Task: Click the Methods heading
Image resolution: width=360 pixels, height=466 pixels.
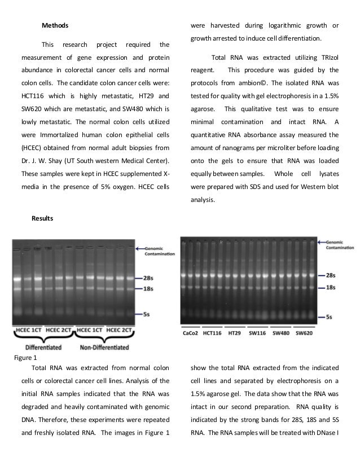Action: pos(55,25)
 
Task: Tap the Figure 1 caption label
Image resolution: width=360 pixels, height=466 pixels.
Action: pos(25,357)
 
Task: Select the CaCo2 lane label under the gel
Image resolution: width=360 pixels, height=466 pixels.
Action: pos(190,333)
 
